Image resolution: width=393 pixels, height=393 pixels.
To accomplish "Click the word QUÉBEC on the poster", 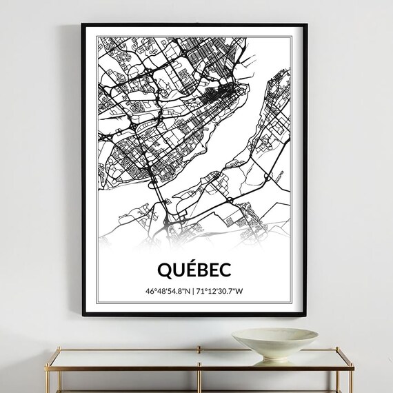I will (x=194, y=269).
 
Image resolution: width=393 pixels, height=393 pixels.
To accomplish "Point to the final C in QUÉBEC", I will (x=225, y=269).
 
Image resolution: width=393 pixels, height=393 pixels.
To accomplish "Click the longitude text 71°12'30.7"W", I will (x=221, y=291).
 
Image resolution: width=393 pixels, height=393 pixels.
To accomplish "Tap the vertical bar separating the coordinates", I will (x=194, y=291).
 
